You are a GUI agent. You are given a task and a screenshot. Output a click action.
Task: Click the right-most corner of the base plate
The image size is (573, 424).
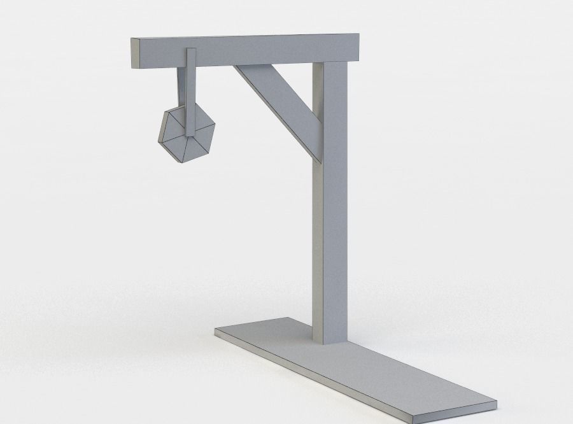tap(496, 402)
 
